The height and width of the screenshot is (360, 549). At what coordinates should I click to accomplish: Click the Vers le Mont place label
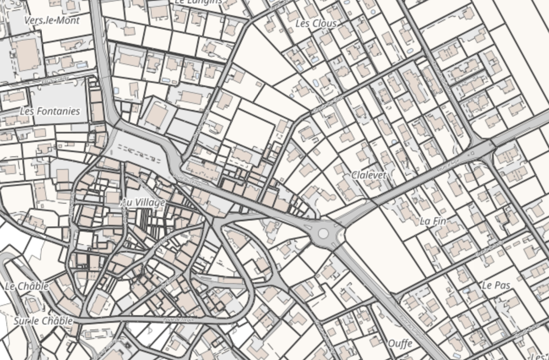click(x=52, y=20)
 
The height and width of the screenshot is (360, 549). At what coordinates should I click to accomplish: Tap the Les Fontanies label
click(x=50, y=111)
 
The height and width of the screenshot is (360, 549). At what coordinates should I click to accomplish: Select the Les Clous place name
click(x=316, y=24)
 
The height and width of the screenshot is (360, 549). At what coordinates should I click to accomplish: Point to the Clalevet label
click(x=369, y=175)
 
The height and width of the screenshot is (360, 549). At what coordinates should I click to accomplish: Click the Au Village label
click(x=143, y=203)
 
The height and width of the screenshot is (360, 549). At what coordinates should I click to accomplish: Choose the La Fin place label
click(x=433, y=221)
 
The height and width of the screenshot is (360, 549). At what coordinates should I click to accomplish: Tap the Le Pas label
click(x=496, y=285)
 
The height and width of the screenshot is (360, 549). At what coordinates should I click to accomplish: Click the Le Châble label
click(x=27, y=286)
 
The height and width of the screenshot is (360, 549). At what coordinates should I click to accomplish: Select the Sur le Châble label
click(x=43, y=321)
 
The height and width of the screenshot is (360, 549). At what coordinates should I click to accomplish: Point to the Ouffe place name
click(x=400, y=343)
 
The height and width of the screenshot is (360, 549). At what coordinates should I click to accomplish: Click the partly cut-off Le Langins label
click(x=198, y=2)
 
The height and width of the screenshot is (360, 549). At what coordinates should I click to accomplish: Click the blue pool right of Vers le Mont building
click(x=81, y=65)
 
